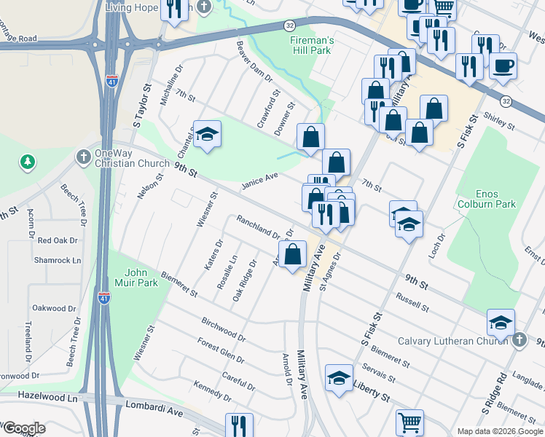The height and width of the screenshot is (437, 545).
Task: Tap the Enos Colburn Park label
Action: coord(495,198)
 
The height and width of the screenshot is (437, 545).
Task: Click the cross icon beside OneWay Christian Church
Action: coord(83,156)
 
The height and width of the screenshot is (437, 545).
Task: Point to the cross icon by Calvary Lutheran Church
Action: coord(518,340)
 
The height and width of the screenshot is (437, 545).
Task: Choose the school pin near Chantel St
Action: coord(207,134)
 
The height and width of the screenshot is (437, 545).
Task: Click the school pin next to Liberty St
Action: coord(339,378)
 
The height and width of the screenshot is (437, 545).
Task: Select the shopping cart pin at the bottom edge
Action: coord(409,423)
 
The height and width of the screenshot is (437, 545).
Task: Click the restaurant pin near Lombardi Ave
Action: coord(238,425)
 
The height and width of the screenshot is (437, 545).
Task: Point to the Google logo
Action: coord(23,429)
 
